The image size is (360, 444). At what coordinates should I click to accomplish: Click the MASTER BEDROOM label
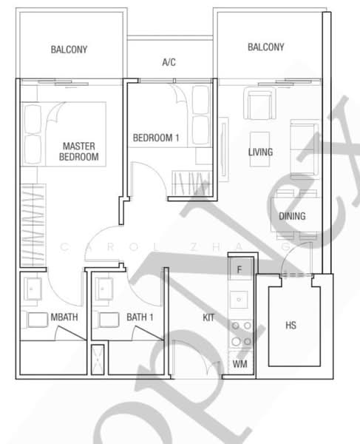79,151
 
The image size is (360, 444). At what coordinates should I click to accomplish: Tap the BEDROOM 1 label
156,138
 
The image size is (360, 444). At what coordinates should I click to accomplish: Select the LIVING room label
260,152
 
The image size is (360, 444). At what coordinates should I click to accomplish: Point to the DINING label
293,216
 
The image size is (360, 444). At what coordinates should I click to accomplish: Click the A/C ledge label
169,63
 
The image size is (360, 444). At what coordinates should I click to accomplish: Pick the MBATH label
64,318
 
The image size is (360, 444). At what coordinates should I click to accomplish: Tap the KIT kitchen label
209,318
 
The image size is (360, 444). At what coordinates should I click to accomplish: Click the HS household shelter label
291,325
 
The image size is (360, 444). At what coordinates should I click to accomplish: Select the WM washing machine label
239,365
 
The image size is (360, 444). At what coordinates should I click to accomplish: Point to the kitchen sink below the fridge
240,299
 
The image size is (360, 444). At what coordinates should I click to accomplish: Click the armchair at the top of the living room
259,104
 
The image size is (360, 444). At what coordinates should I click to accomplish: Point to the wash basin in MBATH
34,289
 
